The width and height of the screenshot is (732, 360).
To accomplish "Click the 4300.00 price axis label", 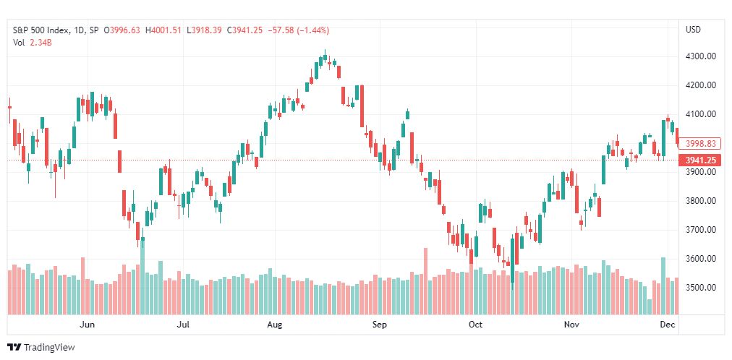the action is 699,56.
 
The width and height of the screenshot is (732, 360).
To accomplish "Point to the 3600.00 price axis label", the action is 699,259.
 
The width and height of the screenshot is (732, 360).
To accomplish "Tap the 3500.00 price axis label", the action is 699,288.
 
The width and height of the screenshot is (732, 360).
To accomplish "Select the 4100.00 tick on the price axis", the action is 699,114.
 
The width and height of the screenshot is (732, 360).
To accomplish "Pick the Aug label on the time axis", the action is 275,325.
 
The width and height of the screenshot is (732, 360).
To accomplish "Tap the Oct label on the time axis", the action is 476,325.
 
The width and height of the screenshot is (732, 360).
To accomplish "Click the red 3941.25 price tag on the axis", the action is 699,160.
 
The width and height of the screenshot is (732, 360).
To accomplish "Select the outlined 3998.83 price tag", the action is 699,144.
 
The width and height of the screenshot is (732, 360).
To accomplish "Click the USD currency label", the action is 693,30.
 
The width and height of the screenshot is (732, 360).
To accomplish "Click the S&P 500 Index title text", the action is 41,30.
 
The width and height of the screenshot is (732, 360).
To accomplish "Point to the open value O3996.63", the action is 122,30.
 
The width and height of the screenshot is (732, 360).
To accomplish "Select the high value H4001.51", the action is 163,30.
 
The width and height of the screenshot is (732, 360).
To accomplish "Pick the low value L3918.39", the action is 203,30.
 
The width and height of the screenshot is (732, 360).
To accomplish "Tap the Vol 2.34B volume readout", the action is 31,41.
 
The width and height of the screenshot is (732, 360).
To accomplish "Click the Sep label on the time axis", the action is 380,325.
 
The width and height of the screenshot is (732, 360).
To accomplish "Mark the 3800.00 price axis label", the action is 699,201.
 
